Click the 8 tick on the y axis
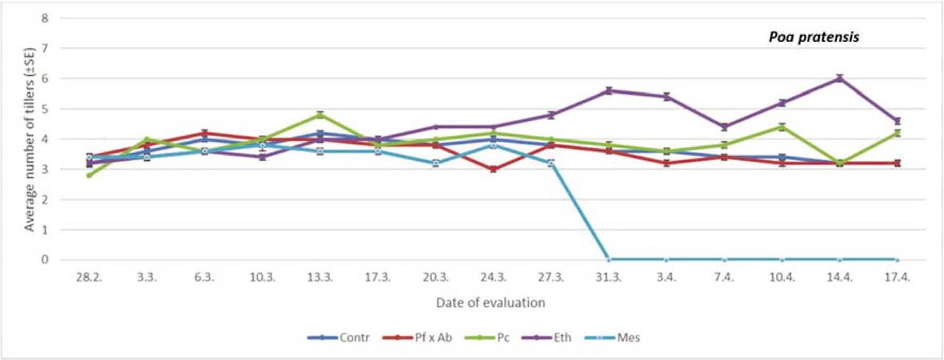pos(44,18)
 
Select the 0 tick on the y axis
pos(44,260)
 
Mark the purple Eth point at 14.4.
pos(839,78)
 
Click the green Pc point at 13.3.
pos(320,114)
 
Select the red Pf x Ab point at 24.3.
pos(493,169)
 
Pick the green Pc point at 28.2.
pos(89,175)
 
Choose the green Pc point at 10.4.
pos(782,127)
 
